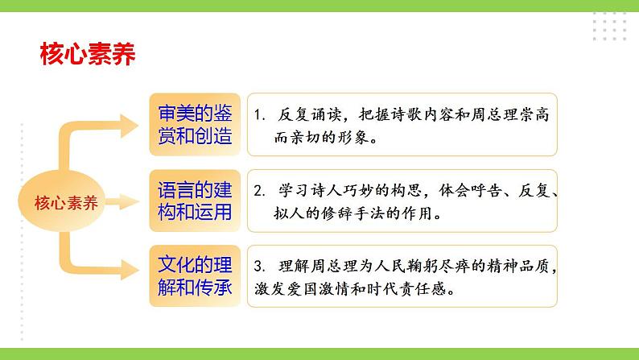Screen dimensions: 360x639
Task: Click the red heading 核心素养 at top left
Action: pyautogui.click(x=87, y=54)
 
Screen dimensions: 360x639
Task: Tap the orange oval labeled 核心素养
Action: pyautogui.click(x=67, y=202)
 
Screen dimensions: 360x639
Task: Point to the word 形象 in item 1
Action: pyautogui.click(x=356, y=137)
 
